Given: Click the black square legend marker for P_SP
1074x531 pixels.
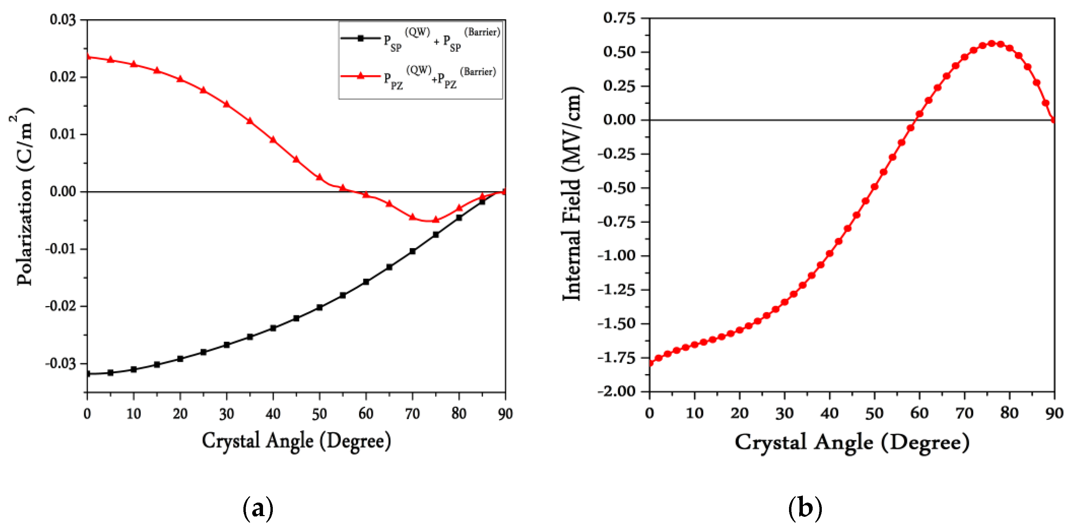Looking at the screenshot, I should point(361,38).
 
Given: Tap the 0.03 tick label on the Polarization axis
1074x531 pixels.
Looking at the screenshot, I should point(63,20).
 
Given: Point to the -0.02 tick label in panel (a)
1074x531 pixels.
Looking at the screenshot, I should point(61,306).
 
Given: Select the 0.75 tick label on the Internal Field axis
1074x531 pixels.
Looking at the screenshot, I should point(619,18).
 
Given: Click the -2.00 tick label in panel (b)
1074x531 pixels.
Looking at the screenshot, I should point(617,391).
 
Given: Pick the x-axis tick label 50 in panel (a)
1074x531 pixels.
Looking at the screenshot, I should point(319,414).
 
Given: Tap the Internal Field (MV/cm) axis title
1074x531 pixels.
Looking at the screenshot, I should point(572,194).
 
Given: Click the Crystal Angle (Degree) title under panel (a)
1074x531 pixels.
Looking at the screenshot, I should point(296,441).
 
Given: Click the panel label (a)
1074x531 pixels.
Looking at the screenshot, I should point(258,508).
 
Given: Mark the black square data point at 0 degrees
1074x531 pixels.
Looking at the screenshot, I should point(88,374).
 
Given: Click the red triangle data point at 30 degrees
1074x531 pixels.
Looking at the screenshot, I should point(227,104).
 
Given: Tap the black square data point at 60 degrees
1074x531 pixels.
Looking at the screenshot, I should point(366,281).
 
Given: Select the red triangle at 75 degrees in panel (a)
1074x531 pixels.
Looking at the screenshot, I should point(436,220).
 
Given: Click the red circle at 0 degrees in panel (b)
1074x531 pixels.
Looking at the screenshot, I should point(650,363).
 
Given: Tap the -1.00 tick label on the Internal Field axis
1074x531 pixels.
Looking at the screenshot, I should point(617,255).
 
